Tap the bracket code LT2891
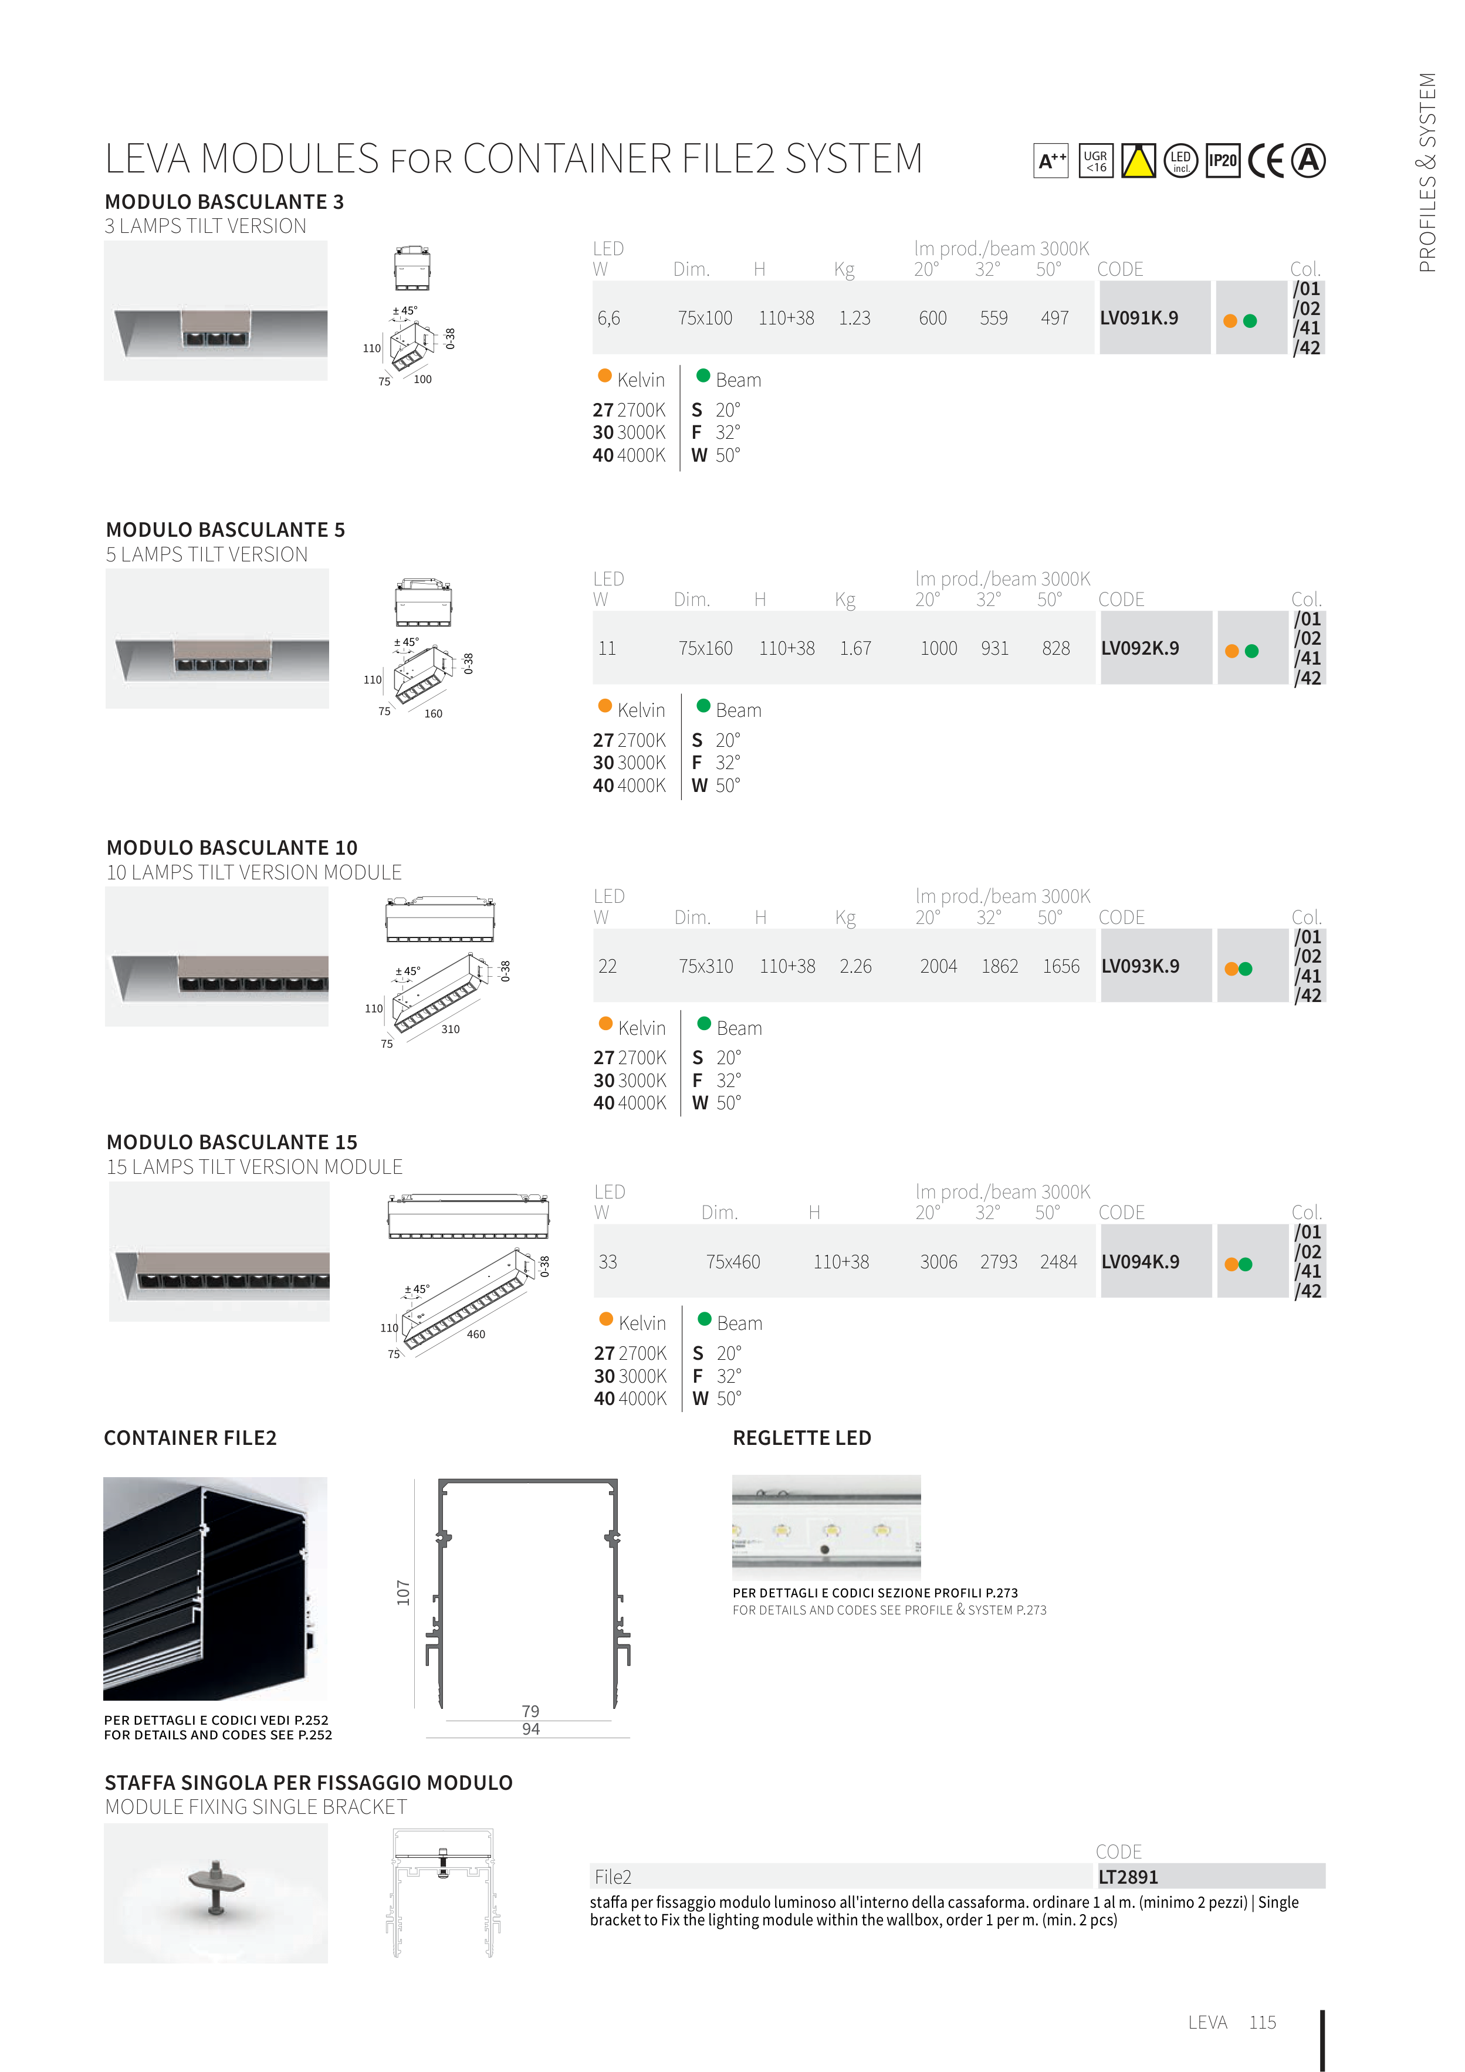tap(1128, 1877)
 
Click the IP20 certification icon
tap(1223, 161)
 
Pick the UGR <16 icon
tap(1096, 161)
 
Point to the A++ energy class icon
tap(1051, 161)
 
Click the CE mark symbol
tap(1266, 161)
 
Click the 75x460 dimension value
tap(733, 1262)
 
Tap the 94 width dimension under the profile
tap(531, 1729)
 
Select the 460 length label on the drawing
tap(476, 1334)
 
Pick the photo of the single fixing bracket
tap(216, 1893)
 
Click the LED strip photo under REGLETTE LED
tap(826, 1528)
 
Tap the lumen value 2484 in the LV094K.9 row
tap(1059, 1262)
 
